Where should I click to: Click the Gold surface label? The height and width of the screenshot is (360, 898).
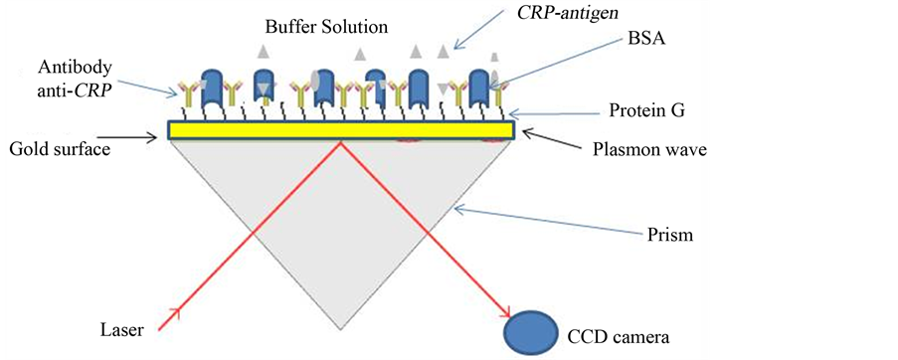coord(60,148)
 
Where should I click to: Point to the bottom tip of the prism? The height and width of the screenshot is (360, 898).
coord(342,328)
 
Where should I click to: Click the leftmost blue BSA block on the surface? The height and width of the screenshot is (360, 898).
coord(215,87)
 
